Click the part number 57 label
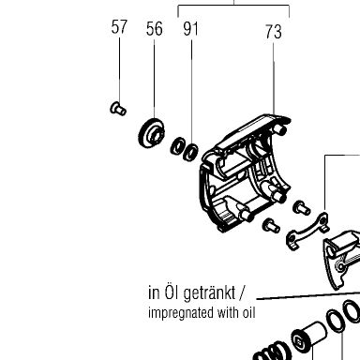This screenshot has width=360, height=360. (x=119, y=27)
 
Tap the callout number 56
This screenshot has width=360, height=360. (x=155, y=29)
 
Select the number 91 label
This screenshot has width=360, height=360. (x=190, y=29)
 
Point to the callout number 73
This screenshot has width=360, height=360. (x=274, y=32)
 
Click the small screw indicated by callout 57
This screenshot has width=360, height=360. (x=118, y=109)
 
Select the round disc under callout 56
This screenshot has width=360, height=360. (x=151, y=133)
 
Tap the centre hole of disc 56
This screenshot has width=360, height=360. (x=156, y=135)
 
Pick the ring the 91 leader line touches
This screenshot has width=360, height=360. (x=190, y=152)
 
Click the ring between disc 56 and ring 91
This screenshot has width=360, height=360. (x=177, y=146)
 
